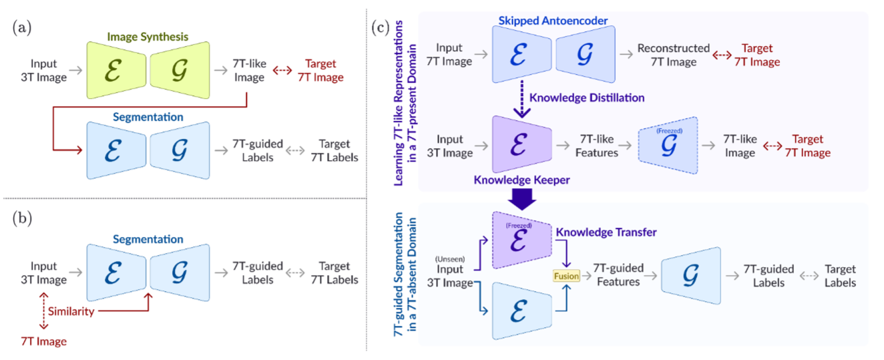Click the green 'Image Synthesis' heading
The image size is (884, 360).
pyautogui.click(x=147, y=36)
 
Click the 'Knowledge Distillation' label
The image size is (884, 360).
pyautogui.click(x=587, y=98)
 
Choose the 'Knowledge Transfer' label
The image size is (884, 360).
pyautogui.click(x=606, y=232)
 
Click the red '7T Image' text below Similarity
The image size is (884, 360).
pyautogui.click(x=43, y=341)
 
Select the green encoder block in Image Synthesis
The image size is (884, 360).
pyautogui.click(x=115, y=71)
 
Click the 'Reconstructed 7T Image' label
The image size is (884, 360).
pyautogui.click(x=673, y=55)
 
